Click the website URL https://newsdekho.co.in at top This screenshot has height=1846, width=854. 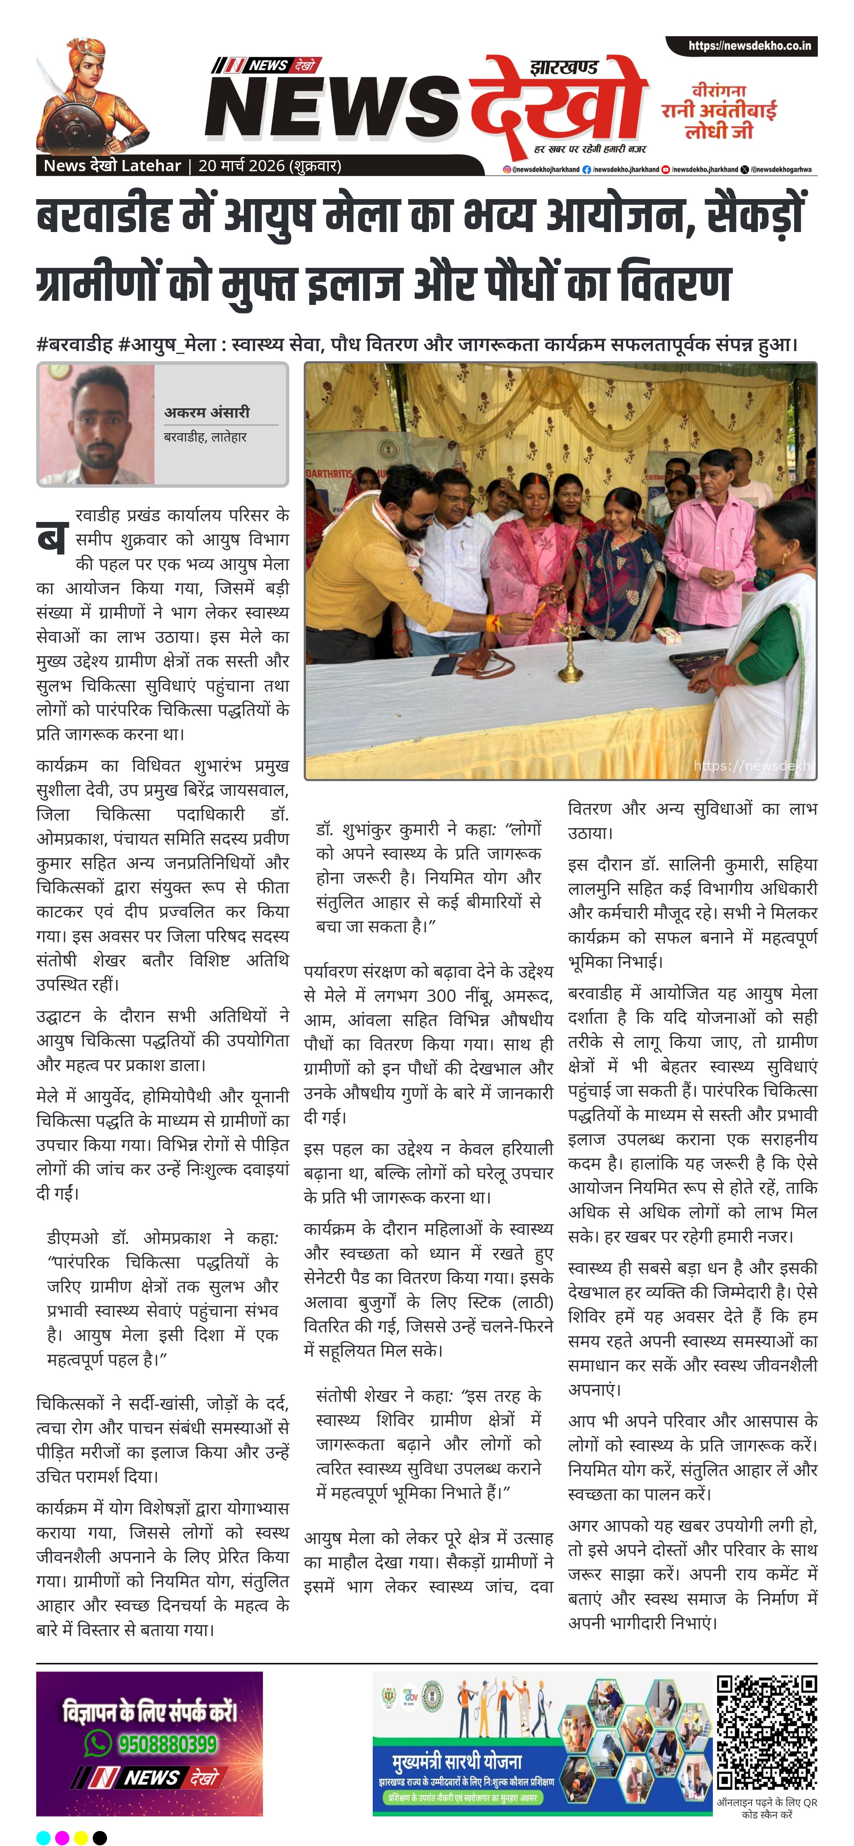click(x=749, y=46)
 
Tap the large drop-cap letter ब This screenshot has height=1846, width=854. click(x=52, y=538)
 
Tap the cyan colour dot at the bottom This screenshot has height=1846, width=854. click(x=43, y=1832)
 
